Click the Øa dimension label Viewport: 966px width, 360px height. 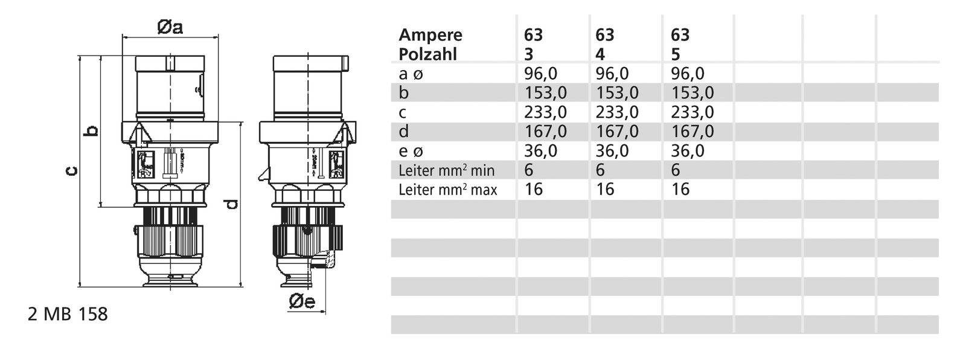pos(170,28)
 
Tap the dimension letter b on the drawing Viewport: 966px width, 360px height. pos(92,130)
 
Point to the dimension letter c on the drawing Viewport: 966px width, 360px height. pos(71,172)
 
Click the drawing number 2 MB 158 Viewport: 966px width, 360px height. pos(68,315)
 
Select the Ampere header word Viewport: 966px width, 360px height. pos(430,35)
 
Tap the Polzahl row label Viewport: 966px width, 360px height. pos(427,54)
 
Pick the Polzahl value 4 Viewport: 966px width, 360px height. pos(600,54)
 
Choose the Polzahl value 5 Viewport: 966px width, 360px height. pos(676,54)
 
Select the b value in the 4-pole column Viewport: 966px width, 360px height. pos(617,93)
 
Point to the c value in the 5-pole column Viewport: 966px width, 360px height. pos(693,112)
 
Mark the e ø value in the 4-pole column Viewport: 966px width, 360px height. pos(612,151)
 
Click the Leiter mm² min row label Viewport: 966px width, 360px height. pos(447,170)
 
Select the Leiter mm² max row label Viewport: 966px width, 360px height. pos(448,190)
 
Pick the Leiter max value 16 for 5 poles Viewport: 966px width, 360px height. pos(680,190)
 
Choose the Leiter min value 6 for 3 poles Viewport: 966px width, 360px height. pos(529,170)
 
